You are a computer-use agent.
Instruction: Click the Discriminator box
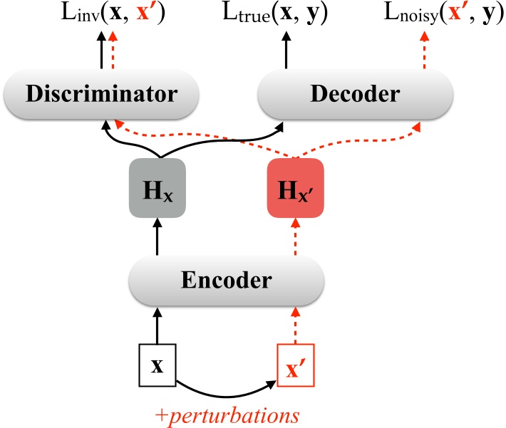coord(100,93)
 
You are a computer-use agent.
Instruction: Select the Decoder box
coord(354,93)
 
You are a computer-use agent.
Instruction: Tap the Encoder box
coord(226,279)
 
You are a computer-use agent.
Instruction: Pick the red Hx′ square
coord(294,188)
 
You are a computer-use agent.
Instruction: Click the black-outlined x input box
coord(157,366)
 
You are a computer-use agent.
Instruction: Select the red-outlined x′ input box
coord(294,366)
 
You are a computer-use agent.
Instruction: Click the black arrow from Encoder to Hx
coord(157,236)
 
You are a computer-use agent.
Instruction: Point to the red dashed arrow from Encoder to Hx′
coord(294,236)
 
